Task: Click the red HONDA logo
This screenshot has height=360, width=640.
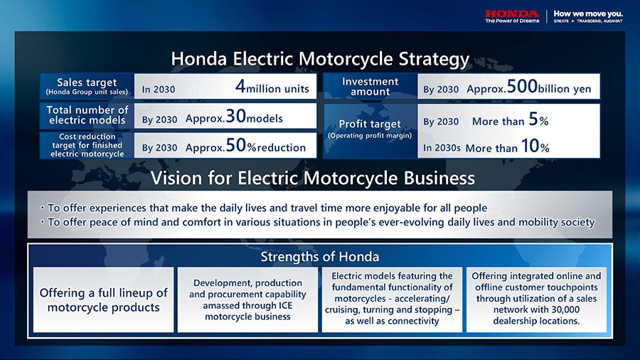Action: pos(512,14)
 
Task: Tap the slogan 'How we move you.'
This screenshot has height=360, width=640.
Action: pos(588,14)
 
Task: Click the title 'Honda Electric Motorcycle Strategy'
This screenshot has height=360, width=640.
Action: pos(320,59)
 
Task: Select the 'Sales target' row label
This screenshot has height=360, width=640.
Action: pos(87,86)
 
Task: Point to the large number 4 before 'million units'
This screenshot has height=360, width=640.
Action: pos(240,87)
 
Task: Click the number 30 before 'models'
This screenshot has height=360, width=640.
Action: pos(236,117)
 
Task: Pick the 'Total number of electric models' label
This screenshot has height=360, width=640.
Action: pos(87,115)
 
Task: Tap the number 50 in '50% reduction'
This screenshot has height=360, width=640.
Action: pos(236,145)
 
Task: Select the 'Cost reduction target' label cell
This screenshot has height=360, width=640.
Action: pos(87,145)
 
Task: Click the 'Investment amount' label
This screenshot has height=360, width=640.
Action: pos(370,86)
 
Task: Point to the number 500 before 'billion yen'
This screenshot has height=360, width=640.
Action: pos(522,87)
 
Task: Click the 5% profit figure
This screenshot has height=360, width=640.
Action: pos(538,120)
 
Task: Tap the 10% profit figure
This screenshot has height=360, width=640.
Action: pos(535,146)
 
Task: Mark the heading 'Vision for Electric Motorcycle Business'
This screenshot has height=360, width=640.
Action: pos(313,179)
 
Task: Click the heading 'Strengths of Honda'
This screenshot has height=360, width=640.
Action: pos(320,257)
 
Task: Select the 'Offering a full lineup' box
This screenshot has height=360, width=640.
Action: pos(103,300)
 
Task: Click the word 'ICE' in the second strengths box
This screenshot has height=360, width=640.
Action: pos(285,306)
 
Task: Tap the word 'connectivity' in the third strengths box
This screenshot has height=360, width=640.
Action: pos(412,321)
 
